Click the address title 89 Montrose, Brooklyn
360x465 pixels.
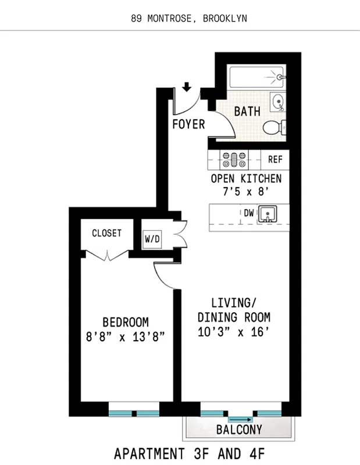pyautogui.click(x=189, y=18)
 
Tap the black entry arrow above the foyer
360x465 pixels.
pyautogui.click(x=186, y=88)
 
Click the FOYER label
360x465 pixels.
pyautogui.click(x=189, y=124)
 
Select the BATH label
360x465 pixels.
pyautogui.click(x=247, y=111)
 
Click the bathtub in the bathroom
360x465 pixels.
pyautogui.click(x=256, y=77)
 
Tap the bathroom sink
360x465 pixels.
pyautogui.click(x=279, y=103)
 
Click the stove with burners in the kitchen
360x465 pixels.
pyautogui.click(x=233, y=159)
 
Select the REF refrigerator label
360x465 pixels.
pyautogui.click(x=275, y=159)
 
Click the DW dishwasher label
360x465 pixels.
pyautogui.click(x=248, y=213)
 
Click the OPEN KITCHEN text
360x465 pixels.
pyautogui.click(x=246, y=178)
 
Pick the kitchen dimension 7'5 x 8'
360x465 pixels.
pyautogui.click(x=246, y=191)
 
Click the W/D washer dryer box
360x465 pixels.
pyautogui.click(x=153, y=238)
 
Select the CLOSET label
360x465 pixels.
pyautogui.click(x=106, y=233)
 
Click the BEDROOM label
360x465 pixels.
pyautogui.click(x=125, y=321)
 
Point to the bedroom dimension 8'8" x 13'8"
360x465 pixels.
pyautogui.click(x=126, y=336)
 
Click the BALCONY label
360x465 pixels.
pyautogui.click(x=239, y=430)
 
